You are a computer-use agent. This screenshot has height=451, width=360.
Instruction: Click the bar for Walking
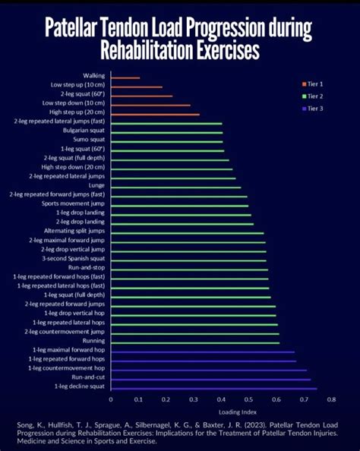click(125, 77)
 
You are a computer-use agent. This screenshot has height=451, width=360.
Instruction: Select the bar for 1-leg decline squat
click(213, 387)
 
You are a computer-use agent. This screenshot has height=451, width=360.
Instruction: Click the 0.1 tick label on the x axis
click(138, 399)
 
